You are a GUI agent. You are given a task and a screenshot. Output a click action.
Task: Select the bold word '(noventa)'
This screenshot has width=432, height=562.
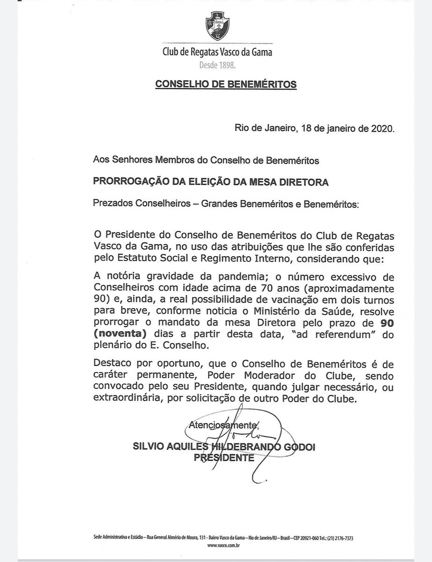click(119, 335)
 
